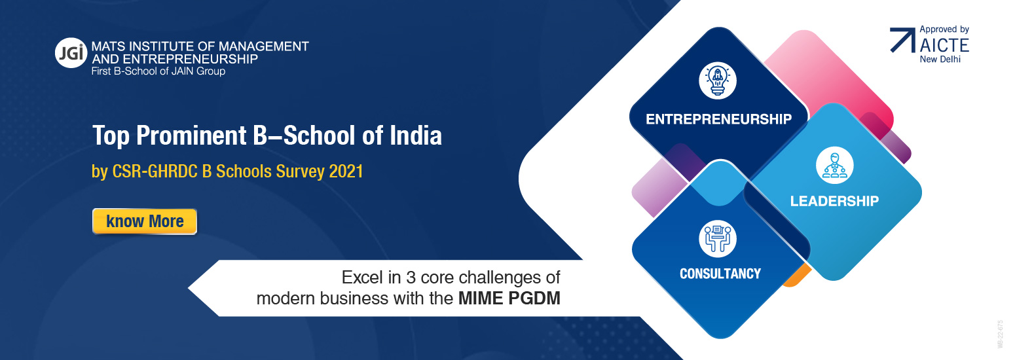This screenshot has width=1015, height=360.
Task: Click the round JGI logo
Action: click(x=71, y=52)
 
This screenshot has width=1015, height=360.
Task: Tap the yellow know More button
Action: click(x=145, y=221)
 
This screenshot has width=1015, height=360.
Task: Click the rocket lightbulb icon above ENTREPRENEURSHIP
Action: click(x=717, y=81)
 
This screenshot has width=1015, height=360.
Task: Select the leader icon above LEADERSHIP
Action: click(x=835, y=166)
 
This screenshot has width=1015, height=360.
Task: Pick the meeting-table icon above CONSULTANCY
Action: click(x=718, y=239)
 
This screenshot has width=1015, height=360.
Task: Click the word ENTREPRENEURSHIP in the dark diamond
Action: click(x=718, y=119)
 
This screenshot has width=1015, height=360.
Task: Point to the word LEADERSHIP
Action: click(x=835, y=201)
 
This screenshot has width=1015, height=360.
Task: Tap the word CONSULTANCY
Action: click(x=720, y=274)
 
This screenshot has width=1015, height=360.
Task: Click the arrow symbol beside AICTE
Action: click(x=902, y=41)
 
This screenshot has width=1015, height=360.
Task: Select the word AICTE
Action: click(x=944, y=45)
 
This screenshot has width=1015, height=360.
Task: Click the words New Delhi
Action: click(x=940, y=60)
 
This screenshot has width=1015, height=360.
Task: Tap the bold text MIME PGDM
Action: click(x=509, y=298)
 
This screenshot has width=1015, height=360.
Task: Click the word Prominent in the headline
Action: click(x=191, y=135)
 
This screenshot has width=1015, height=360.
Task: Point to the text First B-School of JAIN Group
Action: click(x=158, y=71)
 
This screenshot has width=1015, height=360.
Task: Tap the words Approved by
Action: click(x=944, y=29)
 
